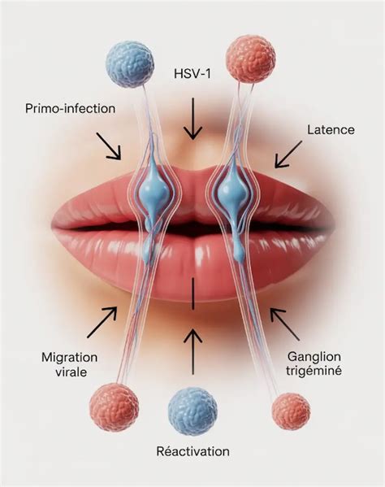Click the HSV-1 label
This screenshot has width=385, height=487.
(192, 74)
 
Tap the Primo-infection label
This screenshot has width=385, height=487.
(70, 108)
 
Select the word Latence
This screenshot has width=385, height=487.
(331, 129)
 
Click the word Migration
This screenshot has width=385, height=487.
(70, 357)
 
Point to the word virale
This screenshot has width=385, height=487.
(71, 372)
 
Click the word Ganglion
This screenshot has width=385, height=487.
(314, 357)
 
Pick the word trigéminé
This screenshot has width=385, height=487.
(314, 371)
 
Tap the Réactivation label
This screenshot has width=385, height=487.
(193, 451)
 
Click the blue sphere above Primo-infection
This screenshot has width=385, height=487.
(130, 64)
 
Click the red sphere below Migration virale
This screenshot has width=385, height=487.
(114, 407)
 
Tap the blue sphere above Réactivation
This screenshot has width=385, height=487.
(192, 411)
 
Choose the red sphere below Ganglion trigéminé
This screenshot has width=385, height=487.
(291, 411)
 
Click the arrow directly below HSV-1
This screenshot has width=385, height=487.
(192, 119)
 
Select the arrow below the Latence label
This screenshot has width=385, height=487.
(288, 154)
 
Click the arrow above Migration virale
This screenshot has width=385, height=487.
(102, 322)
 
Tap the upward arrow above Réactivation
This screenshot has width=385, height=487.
(192, 352)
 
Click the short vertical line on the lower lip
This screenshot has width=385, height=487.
(192, 294)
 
